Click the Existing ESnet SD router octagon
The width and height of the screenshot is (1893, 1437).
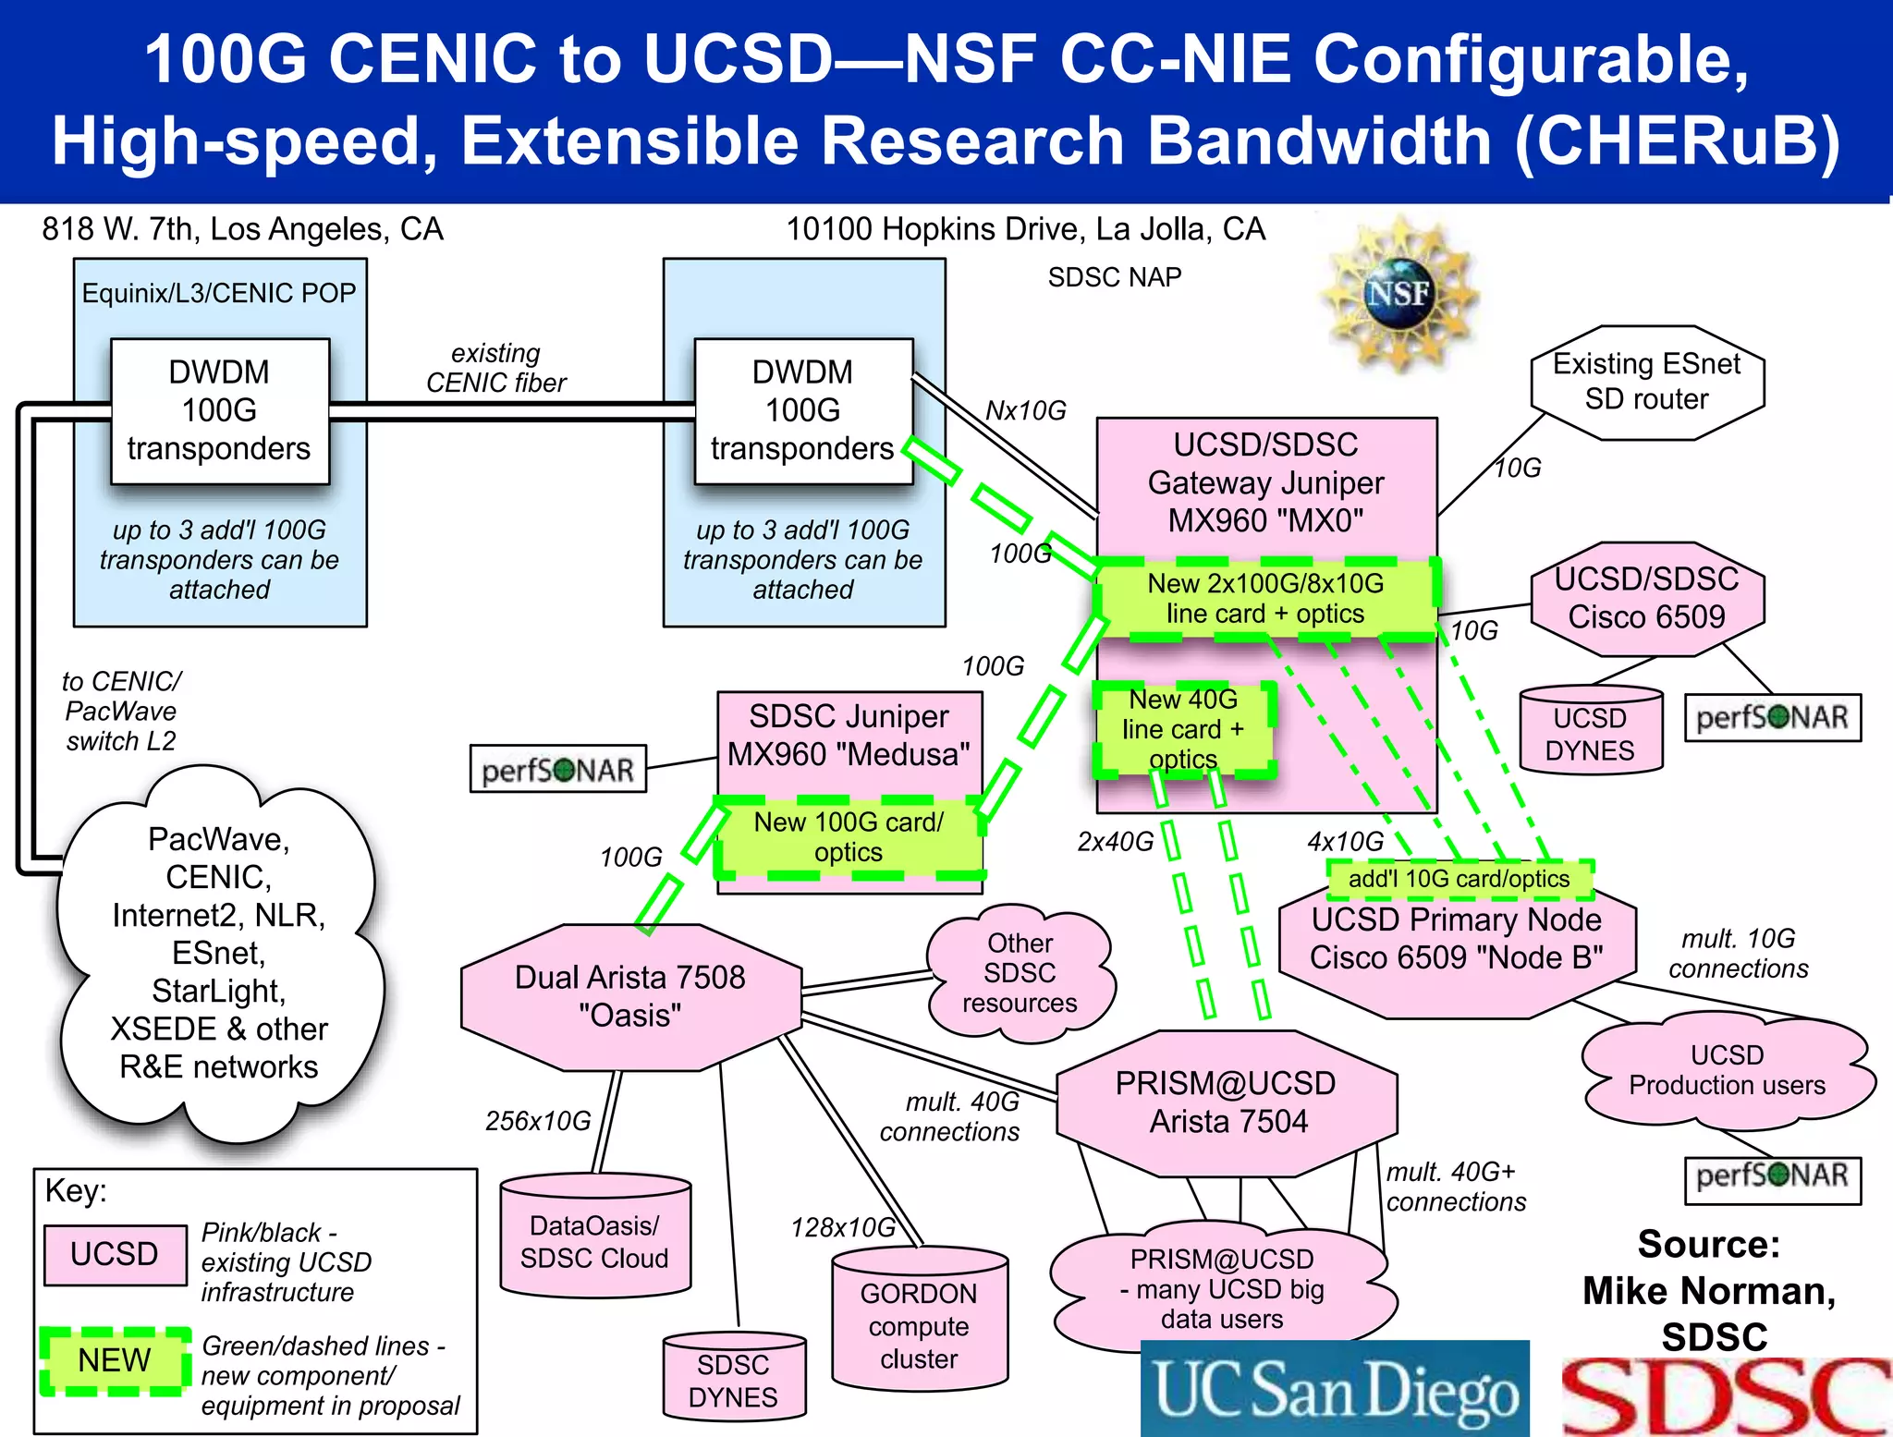1647,382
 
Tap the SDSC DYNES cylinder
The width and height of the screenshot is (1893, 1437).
734,1379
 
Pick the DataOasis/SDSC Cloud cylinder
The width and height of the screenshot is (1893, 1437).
594,1239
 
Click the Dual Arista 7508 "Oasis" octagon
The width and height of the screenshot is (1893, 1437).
630,996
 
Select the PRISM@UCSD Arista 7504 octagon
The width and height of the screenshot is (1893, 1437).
1226,1102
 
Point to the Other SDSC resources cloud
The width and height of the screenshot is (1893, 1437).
1020,973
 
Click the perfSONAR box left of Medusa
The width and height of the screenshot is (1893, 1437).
557,770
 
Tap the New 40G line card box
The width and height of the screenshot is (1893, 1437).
1184,729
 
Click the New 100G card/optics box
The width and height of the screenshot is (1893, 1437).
849,837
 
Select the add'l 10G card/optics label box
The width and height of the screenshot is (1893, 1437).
1459,879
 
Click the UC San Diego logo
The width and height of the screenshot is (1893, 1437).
1335,1389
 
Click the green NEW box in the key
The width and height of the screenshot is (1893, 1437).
115,1360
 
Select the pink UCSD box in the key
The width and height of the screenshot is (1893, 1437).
115,1254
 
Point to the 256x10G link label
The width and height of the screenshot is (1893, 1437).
538,1121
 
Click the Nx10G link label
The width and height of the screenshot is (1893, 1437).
1026,410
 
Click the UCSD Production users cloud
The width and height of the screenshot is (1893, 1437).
1727,1070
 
